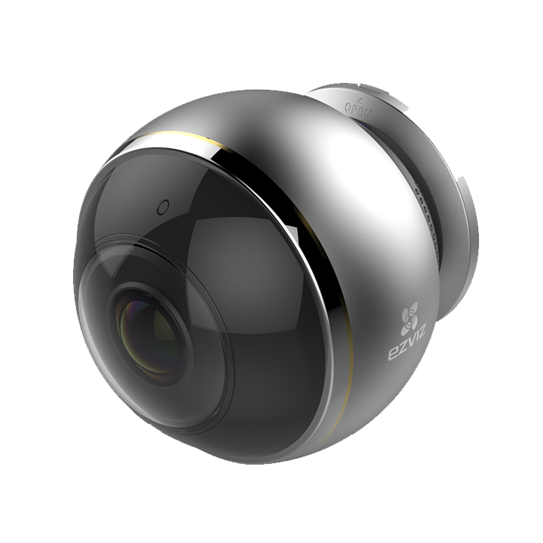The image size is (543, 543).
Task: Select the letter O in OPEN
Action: [349, 110]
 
